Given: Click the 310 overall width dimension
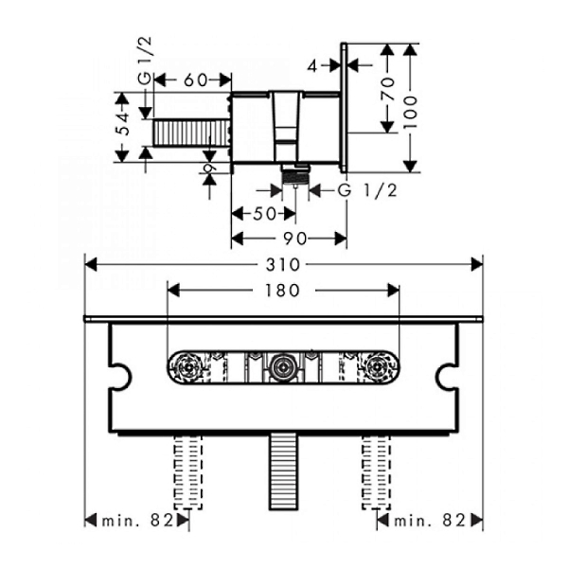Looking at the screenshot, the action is click(x=283, y=265).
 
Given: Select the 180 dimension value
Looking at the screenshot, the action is click(x=282, y=291).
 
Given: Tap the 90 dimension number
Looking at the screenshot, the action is click(x=294, y=239).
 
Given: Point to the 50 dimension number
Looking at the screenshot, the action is click(x=265, y=214).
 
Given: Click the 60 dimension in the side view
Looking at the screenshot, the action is click(x=195, y=80).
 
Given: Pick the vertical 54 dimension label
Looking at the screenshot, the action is click(x=124, y=124).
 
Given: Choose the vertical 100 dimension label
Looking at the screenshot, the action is click(x=410, y=112).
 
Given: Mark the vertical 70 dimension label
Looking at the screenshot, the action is click(x=387, y=88).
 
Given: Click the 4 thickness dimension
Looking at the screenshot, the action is click(x=312, y=66).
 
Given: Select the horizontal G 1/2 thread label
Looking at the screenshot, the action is click(x=367, y=190).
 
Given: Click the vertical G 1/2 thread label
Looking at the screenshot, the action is click(x=145, y=61).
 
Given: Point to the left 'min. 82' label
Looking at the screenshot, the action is click(x=138, y=521).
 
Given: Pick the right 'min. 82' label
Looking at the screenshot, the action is click(x=430, y=521).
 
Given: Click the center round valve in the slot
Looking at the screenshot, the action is click(x=283, y=366).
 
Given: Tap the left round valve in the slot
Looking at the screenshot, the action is click(x=188, y=366).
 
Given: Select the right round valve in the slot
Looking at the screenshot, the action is click(x=377, y=366).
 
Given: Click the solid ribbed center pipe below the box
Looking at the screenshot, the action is click(x=283, y=471).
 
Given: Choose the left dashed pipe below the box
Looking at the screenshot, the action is click(x=188, y=471).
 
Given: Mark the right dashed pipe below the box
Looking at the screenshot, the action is click(x=377, y=471).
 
